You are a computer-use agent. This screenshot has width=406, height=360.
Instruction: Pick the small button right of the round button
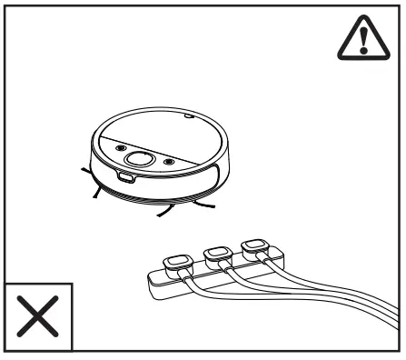click(168, 163)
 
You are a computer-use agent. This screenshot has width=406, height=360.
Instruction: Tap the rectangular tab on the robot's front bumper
click(125, 178)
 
